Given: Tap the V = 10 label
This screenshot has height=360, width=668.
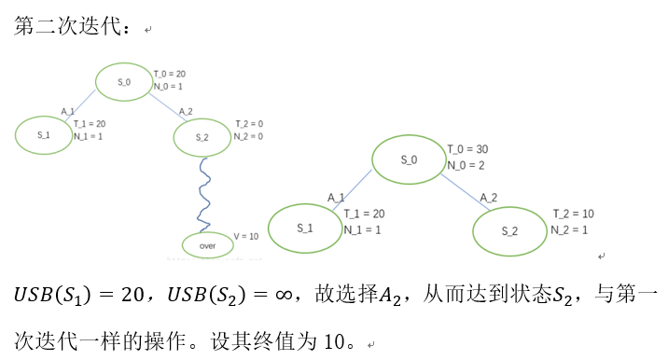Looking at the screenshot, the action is click(x=245, y=236).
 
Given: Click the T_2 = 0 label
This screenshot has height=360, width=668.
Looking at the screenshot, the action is click(x=247, y=124).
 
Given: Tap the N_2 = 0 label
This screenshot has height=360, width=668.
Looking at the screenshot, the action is click(x=247, y=136).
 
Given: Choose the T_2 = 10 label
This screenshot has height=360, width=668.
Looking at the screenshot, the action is click(x=573, y=215).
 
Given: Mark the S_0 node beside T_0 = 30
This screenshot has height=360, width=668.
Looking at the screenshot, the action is click(x=410, y=159).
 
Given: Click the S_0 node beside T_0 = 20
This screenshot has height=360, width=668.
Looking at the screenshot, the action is click(x=125, y=82).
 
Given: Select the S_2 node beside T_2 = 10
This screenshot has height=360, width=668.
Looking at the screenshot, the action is click(x=508, y=230).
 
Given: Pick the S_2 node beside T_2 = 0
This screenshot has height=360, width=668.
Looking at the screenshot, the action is click(x=202, y=137).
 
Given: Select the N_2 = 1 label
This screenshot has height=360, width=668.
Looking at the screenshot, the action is click(x=573, y=229).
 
